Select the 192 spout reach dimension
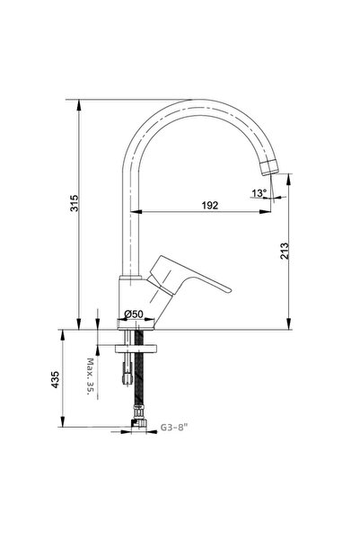pyautogui.click(x=209, y=205)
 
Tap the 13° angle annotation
pyautogui.click(x=259, y=192)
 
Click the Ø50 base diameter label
pyautogui.click(x=134, y=314)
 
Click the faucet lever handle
pyautogui.click(x=193, y=278)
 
